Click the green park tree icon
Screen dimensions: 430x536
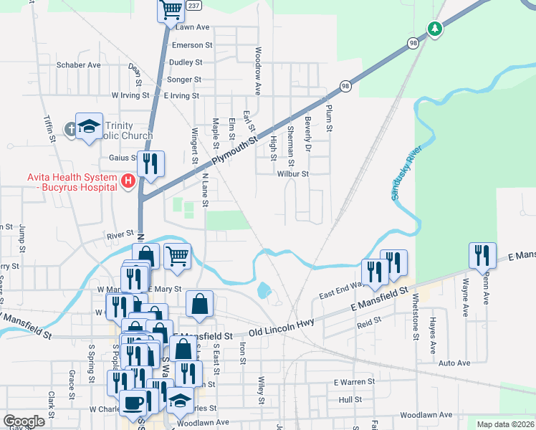pos(434,29)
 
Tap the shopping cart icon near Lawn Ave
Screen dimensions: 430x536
pos(171,10)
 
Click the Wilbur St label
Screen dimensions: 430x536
pos(293,173)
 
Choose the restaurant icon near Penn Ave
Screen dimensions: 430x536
pos(480,255)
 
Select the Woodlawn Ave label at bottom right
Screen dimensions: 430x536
pos(426,415)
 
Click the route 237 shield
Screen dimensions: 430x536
pos(193,5)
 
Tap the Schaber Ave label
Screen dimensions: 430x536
pos(78,64)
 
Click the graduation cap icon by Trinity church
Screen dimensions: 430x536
pos(89,126)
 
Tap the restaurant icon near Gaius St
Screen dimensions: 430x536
pos(150,163)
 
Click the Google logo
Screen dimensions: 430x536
pos(24,421)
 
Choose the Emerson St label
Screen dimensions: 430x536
pos(193,44)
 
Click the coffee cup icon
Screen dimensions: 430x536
pos(133,402)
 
